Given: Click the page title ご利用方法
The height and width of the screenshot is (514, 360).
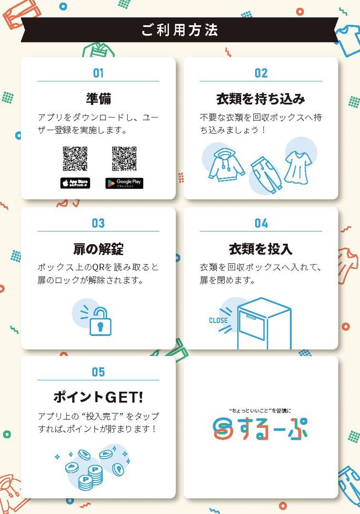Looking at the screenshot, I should pos(180,30).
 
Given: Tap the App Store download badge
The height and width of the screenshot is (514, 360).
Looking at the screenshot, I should pos(75,183).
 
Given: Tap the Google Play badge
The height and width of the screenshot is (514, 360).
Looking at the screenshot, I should pos(124,183).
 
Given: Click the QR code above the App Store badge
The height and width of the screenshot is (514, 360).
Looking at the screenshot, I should pos(75,158).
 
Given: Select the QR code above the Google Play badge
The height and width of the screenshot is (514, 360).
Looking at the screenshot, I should pos(124,158).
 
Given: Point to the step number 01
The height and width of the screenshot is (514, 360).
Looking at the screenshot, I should pos(98,73).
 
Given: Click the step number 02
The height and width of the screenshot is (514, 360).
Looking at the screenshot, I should pos(261,73).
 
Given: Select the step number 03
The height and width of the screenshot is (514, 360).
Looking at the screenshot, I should pos(98,223).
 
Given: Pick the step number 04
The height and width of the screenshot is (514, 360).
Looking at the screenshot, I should pos(261,223).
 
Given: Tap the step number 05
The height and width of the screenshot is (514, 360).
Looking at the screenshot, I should pos(98,372).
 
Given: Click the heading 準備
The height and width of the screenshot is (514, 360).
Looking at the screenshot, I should pos(99,99).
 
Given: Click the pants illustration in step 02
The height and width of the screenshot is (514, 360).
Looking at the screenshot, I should pos(264,174).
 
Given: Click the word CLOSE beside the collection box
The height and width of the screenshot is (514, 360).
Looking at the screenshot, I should pos(218,320).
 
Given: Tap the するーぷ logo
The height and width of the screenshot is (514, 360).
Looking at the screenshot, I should pos(260,428).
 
